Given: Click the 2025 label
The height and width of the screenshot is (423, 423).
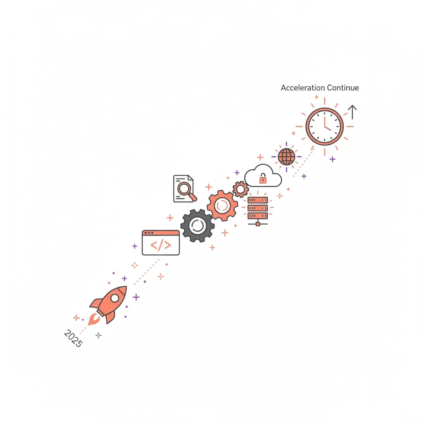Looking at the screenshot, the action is coord(73,338).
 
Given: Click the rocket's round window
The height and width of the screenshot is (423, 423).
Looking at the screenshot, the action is coord(115,298).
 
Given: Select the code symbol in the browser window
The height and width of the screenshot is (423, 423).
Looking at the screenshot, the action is coord(161,245).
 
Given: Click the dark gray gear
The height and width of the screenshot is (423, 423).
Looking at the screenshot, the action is coord(197,226).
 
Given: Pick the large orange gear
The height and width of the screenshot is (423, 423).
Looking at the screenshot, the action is coord(222,206).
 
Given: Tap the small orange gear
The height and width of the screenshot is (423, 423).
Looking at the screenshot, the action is coord(240,189).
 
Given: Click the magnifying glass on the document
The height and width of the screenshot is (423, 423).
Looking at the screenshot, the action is coord(186,190).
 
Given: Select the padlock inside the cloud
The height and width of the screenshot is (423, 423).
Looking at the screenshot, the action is coord(263,178).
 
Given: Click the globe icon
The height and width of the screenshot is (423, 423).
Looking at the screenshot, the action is coord(287,157).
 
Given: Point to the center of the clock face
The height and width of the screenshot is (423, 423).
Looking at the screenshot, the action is coord(325,126).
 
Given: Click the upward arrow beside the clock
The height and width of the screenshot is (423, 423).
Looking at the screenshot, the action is coord(352,112).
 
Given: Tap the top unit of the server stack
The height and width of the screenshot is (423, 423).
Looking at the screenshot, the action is coord(258,200).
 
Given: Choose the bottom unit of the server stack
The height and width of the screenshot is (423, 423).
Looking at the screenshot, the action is coord(258,216).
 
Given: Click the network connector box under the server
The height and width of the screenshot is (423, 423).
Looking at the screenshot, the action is coord(258,224).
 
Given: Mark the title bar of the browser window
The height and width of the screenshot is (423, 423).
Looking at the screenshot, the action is coord(161,233).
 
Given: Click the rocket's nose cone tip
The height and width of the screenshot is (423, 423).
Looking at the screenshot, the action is coord(126,287).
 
